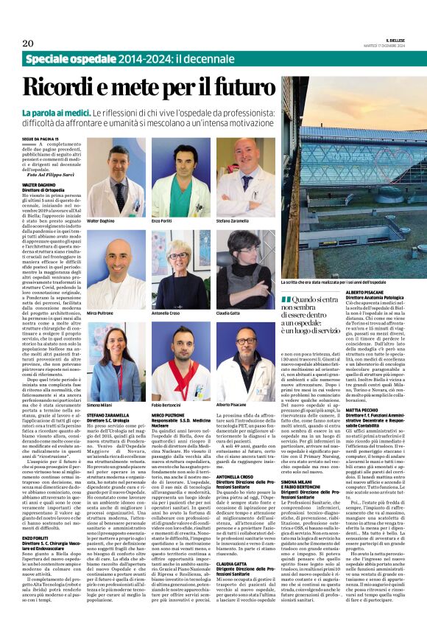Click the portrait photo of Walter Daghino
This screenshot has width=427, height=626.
(x=115, y=177)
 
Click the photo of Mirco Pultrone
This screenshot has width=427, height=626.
(x=115, y=269)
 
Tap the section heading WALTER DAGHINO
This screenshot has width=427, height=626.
(x=38, y=187)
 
